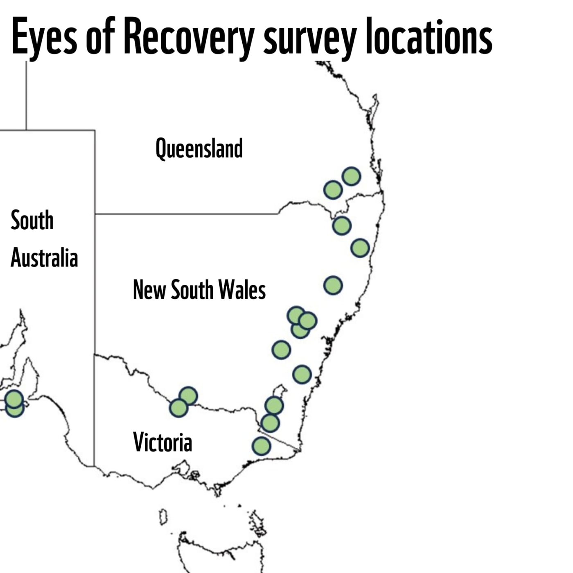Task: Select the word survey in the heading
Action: [x=309, y=39]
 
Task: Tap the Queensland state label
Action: [x=199, y=149]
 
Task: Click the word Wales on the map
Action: [x=242, y=290]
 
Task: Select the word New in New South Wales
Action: [x=149, y=290]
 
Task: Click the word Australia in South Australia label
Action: [x=44, y=258]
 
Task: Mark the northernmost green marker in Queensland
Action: [x=351, y=176]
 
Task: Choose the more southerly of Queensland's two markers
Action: [x=333, y=190]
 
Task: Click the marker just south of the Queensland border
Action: [x=342, y=226]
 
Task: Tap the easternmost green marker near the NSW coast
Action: [x=360, y=248]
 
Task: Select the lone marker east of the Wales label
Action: [x=333, y=285]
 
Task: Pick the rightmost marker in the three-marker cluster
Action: [x=308, y=320]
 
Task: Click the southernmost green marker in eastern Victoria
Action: [x=261, y=446]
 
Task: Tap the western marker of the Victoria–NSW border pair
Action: [x=178, y=408]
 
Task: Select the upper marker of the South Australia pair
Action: [x=14, y=398]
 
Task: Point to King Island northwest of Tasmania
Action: [x=163, y=517]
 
